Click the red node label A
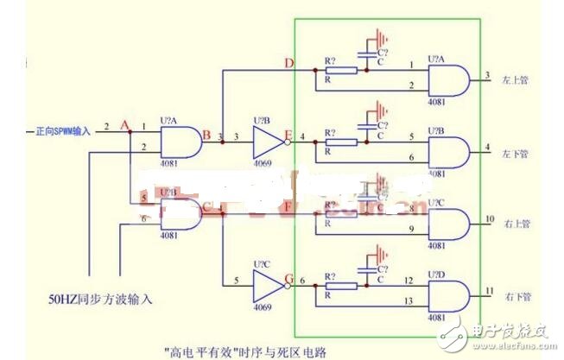point(125,125)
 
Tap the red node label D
point(288,63)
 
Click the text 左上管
point(515,79)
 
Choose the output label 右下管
point(515,294)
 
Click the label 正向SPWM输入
point(62,130)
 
